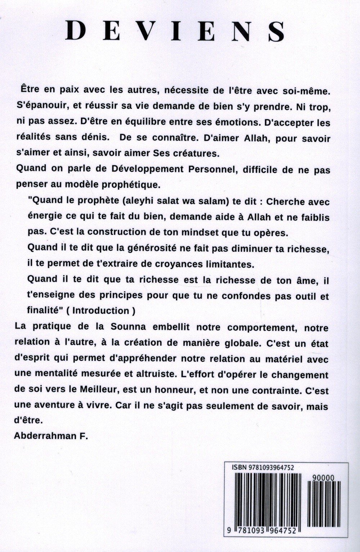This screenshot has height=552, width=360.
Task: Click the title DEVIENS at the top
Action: pyautogui.click(x=175, y=31)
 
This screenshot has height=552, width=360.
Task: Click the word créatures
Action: pyautogui.click(x=197, y=153)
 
